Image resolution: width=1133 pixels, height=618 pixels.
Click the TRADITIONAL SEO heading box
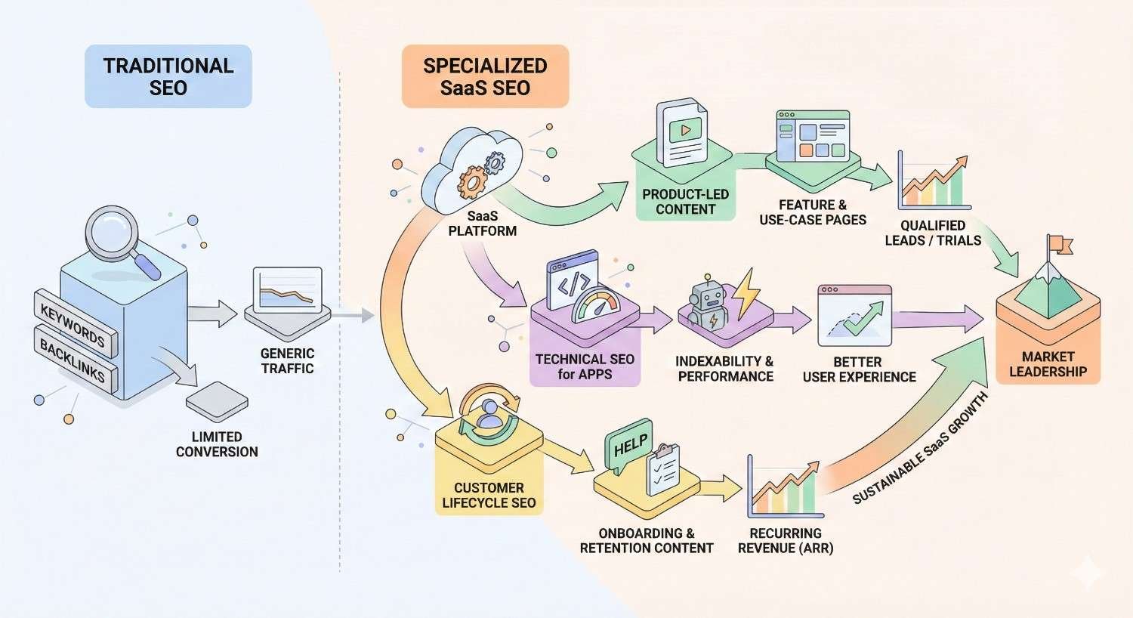click(x=168, y=76)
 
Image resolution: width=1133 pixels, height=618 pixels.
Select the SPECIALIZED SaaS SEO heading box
click(x=484, y=76)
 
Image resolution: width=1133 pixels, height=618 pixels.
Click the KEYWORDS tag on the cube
click(x=74, y=323)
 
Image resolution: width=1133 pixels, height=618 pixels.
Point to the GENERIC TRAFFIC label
click(x=287, y=360)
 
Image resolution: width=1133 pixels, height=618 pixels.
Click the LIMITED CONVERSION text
click(x=217, y=444)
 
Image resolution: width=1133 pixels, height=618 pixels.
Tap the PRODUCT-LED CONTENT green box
click(x=685, y=201)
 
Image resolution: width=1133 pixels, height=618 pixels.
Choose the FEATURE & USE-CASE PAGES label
click(x=812, y=212)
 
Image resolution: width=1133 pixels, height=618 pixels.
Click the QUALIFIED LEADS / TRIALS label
click(x=933, y=233)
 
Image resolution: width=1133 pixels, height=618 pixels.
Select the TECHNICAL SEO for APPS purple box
click(x=585, y=366)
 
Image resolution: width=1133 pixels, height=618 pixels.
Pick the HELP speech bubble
click(x=628, y=447)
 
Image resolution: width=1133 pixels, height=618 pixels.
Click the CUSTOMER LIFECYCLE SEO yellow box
click(x=489, y=495)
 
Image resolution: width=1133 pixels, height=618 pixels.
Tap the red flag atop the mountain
click(x=1060, y=243)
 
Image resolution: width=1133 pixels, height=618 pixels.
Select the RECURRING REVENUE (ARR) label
click(x=786, y=540)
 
